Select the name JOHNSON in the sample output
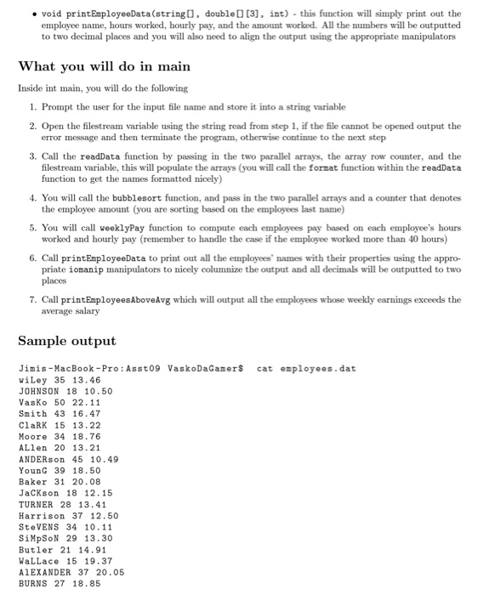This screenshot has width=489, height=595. [43, 390]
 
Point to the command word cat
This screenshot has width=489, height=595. [265, 368]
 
